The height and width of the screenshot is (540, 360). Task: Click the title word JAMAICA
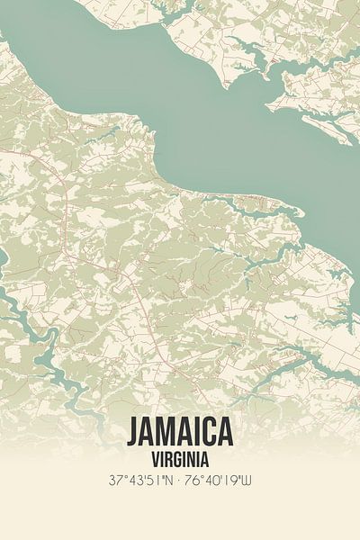(180, 431)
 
